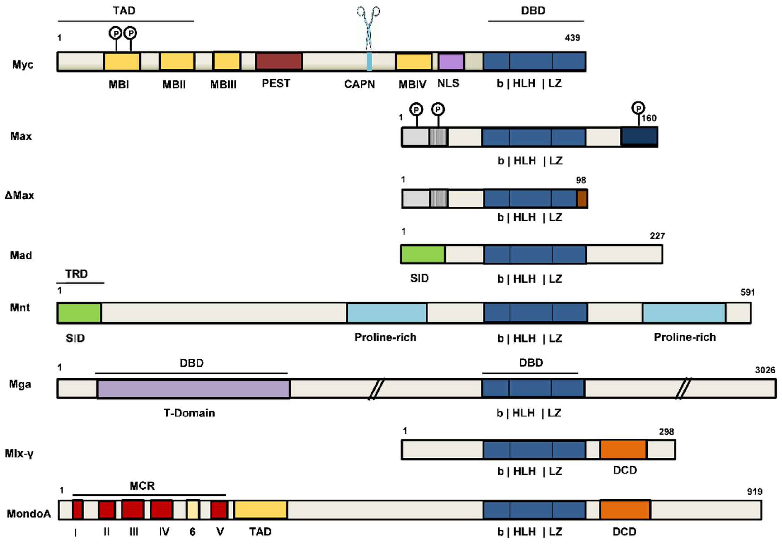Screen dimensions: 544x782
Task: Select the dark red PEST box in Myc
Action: [279, 61]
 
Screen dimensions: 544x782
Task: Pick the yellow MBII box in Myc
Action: [177, 61]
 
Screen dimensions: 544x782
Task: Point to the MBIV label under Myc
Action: [412, 84]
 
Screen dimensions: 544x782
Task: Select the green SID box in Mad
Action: [423, 254]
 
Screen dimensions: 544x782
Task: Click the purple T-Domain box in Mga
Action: [193, 389]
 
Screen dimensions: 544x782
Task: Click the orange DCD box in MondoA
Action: [625, 510]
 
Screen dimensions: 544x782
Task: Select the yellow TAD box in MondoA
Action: [261, 510]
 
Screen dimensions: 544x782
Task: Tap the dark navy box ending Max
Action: [639, 136]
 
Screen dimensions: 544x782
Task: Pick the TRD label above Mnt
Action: [76, 274]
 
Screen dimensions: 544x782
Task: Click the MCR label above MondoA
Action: [142, 486]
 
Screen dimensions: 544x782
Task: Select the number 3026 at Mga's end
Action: [765, 370]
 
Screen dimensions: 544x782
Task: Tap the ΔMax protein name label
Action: [19, 195]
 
